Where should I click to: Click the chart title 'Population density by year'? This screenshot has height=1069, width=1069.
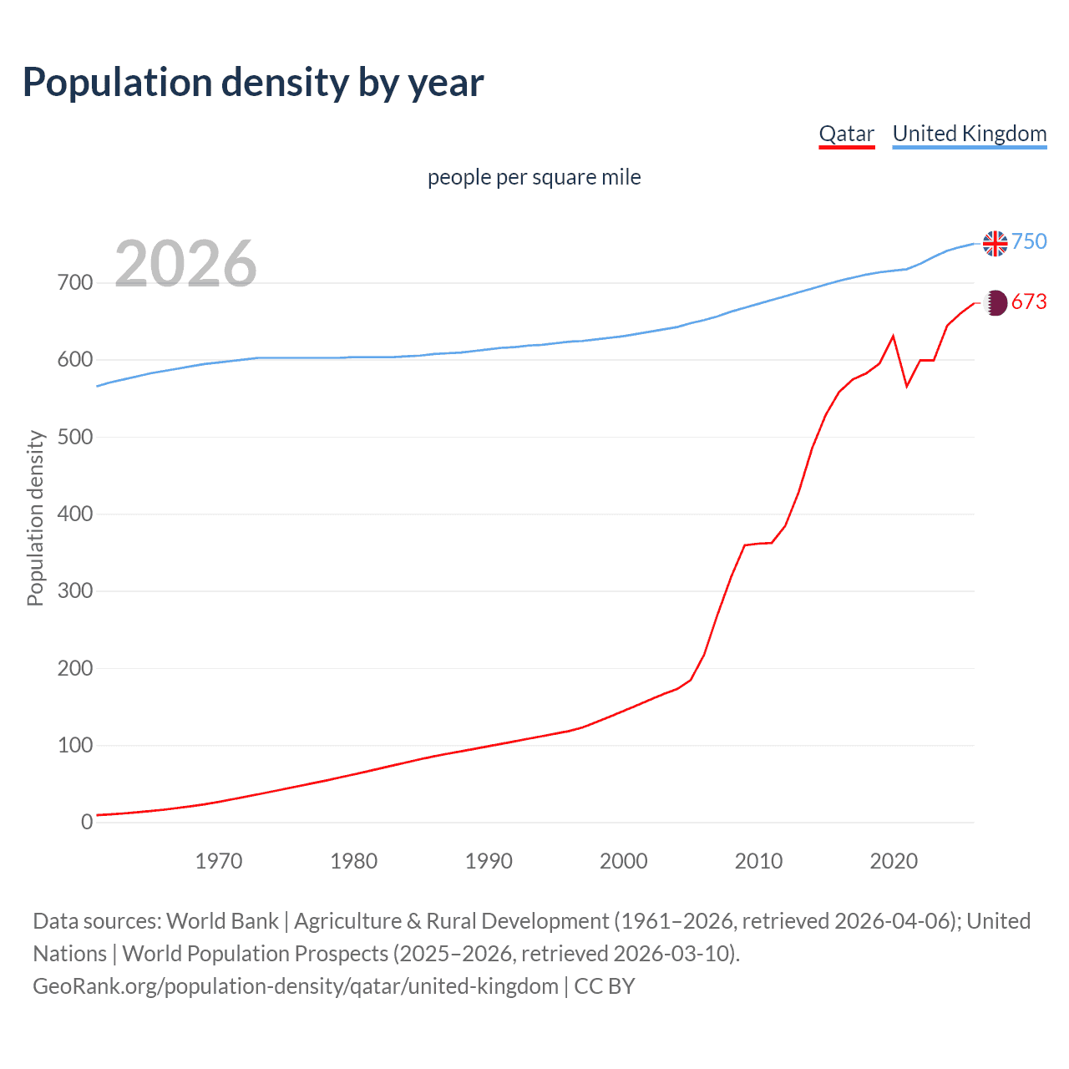point(253,83)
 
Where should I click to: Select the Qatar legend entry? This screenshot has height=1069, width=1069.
point(846,134)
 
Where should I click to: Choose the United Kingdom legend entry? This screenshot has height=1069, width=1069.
point(969,134)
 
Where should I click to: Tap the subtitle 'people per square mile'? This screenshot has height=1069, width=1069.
point(534,178)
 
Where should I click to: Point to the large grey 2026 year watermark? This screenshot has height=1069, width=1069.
point(185,264)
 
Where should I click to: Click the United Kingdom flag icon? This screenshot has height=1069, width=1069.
point(995,243)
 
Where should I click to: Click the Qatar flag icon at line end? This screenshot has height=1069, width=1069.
point(995,302)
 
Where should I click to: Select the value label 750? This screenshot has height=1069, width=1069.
point(1029,242)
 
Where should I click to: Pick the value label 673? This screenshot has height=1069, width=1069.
point(1029,302)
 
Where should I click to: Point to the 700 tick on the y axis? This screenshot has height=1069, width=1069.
point(75,283)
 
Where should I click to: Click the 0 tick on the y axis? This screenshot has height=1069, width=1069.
point(87,823)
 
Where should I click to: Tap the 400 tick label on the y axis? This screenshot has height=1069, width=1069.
point(75,514)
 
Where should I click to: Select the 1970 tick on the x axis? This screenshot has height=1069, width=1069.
point(219,861)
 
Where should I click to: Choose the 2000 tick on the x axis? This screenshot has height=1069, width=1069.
point(624,861)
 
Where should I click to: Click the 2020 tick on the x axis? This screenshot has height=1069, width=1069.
point(894,861)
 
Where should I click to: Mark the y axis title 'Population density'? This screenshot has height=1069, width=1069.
point(35,518)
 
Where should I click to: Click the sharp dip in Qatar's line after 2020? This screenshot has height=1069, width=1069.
point(907,386)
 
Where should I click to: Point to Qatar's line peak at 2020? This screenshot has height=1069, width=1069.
point(894,337)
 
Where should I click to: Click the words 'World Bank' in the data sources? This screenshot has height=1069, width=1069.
point(222,921)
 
